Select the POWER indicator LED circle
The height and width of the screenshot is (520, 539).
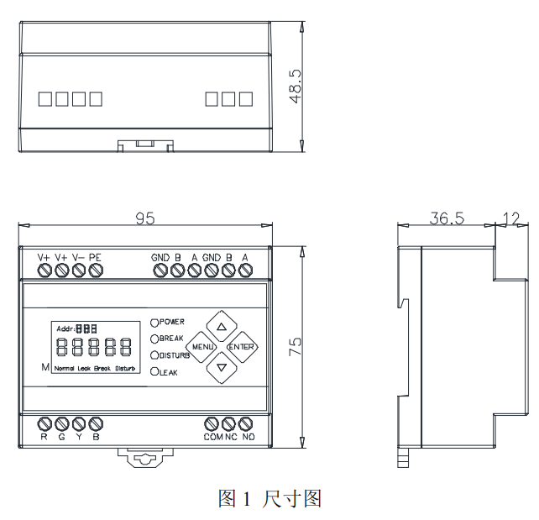coord(155,322)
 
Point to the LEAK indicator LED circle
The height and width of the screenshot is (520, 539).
coord(155,371)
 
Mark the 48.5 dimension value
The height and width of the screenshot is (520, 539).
coord(296,86)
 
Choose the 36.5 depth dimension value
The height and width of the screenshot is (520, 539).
coord(447,218)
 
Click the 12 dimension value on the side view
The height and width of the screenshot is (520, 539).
coord(510,218)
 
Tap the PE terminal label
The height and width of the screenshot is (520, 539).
coord(95,257)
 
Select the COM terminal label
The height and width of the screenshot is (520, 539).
coord(212,437)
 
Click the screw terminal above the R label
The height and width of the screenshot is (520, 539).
coord(45,423)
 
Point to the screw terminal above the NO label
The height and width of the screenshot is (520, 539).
coord(247,423)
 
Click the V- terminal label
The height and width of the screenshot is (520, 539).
coord(78,257)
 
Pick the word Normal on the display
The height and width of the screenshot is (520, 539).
coord(63,369)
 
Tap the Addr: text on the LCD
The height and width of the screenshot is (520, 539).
coord(65,328)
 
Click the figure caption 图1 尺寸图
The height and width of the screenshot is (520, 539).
coord(269,499)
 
